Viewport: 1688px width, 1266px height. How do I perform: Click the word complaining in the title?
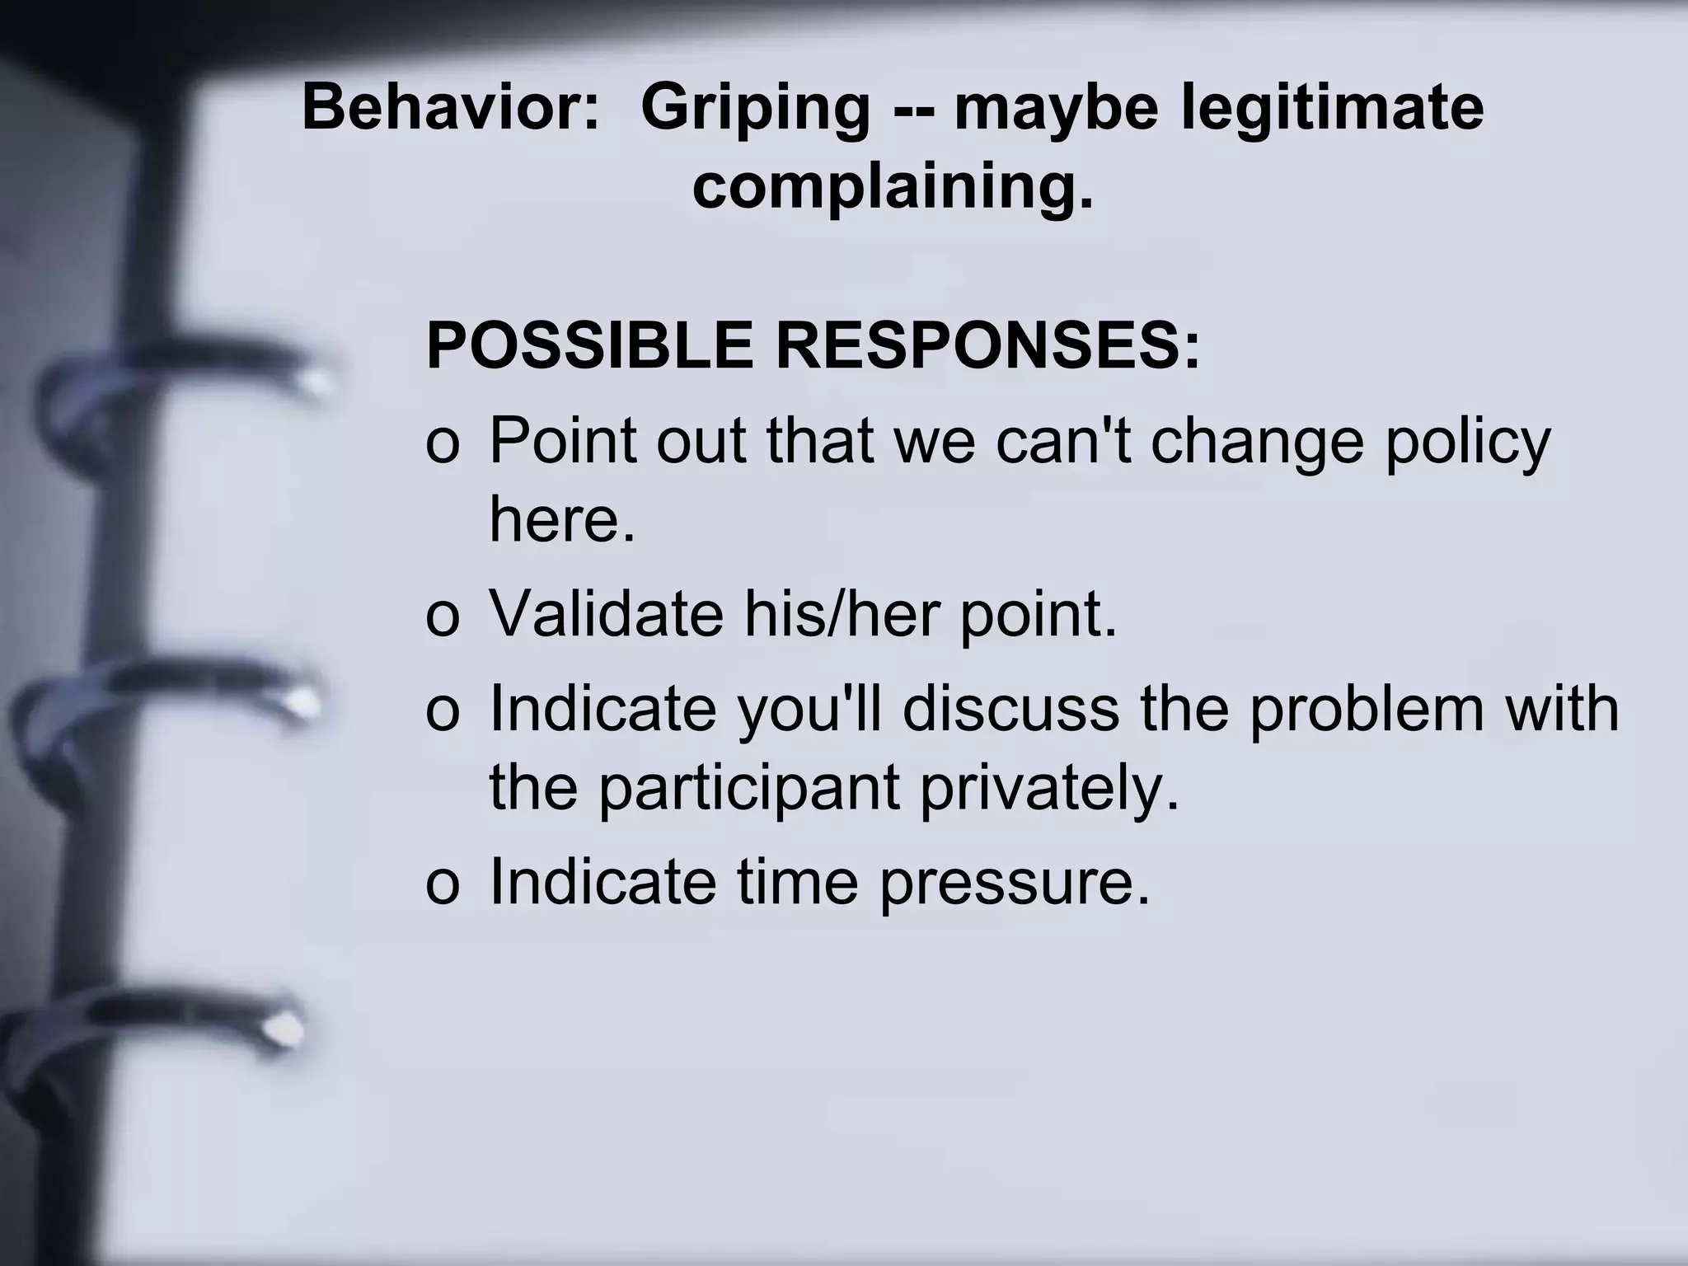pos(892,189)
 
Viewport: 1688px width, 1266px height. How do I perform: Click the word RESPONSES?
pos(987,346)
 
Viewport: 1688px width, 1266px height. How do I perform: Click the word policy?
pos(1468,443)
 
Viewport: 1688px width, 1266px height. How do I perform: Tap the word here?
pos(563,521)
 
